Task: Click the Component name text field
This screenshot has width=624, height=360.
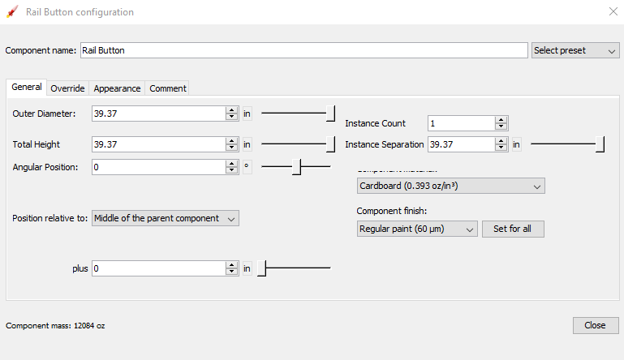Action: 303,50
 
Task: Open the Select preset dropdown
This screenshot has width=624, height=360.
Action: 575,50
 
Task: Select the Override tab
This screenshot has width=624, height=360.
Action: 67,88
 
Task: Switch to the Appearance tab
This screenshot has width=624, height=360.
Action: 117,88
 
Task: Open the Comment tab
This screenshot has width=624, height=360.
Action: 168,88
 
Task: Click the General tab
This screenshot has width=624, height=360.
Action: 27,88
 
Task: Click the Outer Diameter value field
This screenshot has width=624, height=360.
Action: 158,114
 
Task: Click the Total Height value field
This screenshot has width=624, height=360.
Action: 158,144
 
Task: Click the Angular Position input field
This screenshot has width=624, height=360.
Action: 158,167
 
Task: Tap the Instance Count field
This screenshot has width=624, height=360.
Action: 461,123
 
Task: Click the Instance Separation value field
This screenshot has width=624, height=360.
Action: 461,144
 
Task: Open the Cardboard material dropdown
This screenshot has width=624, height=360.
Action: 450,186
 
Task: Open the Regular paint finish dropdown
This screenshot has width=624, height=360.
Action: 417,229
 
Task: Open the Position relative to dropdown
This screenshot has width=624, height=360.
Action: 166,218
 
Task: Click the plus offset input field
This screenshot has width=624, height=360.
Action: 158,268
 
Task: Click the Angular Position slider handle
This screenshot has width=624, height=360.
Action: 297,167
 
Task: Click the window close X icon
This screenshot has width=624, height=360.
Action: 613,12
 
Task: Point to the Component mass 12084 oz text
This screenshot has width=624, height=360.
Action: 55,326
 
